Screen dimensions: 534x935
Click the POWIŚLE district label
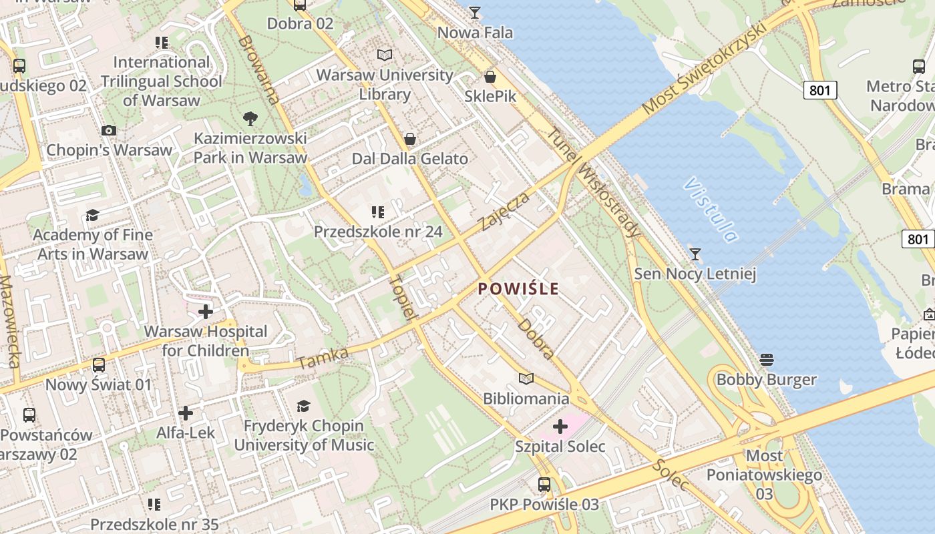pyautogui.click(x=518, y=289)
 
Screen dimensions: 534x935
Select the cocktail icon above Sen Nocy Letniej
pyautogui.click(x=695, y=254)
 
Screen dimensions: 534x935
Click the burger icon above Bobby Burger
pyautogui.click(x=766, y=360)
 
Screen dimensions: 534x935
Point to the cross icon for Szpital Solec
pyautogui.click(x=560, y=426)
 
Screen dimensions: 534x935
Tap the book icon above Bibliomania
pyautogui.click(x=526, y=378)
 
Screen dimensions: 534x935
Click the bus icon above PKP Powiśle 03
pyautogui.click(x=544, y=485)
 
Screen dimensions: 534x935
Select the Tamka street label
pyautogui.click(x=323, y=358)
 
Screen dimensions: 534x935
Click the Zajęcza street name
pyautogui.click(x=505, y=211)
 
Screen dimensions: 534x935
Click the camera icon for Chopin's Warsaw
pyautogui.click(x=109, y=130)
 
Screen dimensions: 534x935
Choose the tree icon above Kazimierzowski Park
pyautogui.click(x=250, y=119)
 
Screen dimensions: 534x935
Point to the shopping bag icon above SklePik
pyautogui.click(x=490, y=77)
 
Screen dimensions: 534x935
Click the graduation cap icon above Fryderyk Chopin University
pyautogui.click(x=303, y=406)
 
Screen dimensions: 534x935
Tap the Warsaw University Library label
pyautogui.click(x=385, y=84)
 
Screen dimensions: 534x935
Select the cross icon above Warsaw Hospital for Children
pyautogui.click(x=206, y=311)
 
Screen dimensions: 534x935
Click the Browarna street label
pyautogui.click(x=258, y=69)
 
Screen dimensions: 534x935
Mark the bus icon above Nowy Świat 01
pyautogui.click(x=99, y=364)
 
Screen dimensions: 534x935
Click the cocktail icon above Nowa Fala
pyautogui.click(x=475, y=12)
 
